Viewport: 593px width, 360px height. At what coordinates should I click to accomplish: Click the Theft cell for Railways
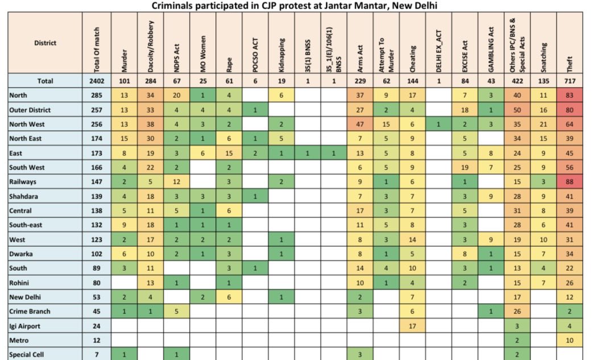coord(570,182)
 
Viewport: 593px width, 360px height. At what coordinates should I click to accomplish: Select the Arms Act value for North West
coord(360,125)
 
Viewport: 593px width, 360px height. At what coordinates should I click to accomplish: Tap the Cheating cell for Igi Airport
coord(412,326)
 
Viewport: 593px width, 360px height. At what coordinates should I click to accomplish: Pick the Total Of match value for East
coord(97,153)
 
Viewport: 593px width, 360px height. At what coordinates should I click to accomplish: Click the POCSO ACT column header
coord(255,55)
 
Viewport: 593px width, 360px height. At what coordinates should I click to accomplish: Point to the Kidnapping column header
coord(281,55)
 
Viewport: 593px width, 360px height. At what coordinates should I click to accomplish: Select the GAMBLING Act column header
coord(491,49)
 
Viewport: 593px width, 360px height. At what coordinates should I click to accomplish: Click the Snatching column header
coord(544,57)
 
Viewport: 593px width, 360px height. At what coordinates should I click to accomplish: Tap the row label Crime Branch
coord(30,312)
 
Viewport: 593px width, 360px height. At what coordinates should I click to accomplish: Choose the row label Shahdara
coord(23,197)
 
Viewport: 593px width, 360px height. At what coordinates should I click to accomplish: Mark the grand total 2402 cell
coord(97,81)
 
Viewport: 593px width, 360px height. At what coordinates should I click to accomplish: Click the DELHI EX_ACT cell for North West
coord(439,125)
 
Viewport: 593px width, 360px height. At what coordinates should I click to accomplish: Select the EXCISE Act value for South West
coord(465,168)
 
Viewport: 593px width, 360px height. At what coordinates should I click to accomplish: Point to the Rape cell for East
coord(229,153)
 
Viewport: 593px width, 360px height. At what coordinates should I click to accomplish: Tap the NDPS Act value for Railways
coord(177,182)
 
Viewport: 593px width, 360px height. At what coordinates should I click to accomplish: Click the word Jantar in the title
coord(341,6)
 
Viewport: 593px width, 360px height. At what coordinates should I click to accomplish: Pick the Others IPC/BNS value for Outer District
coord(517,110)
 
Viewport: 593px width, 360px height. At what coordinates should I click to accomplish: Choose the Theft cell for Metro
coord(570,340)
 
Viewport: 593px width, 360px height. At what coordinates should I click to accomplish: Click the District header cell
coord(45,43)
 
